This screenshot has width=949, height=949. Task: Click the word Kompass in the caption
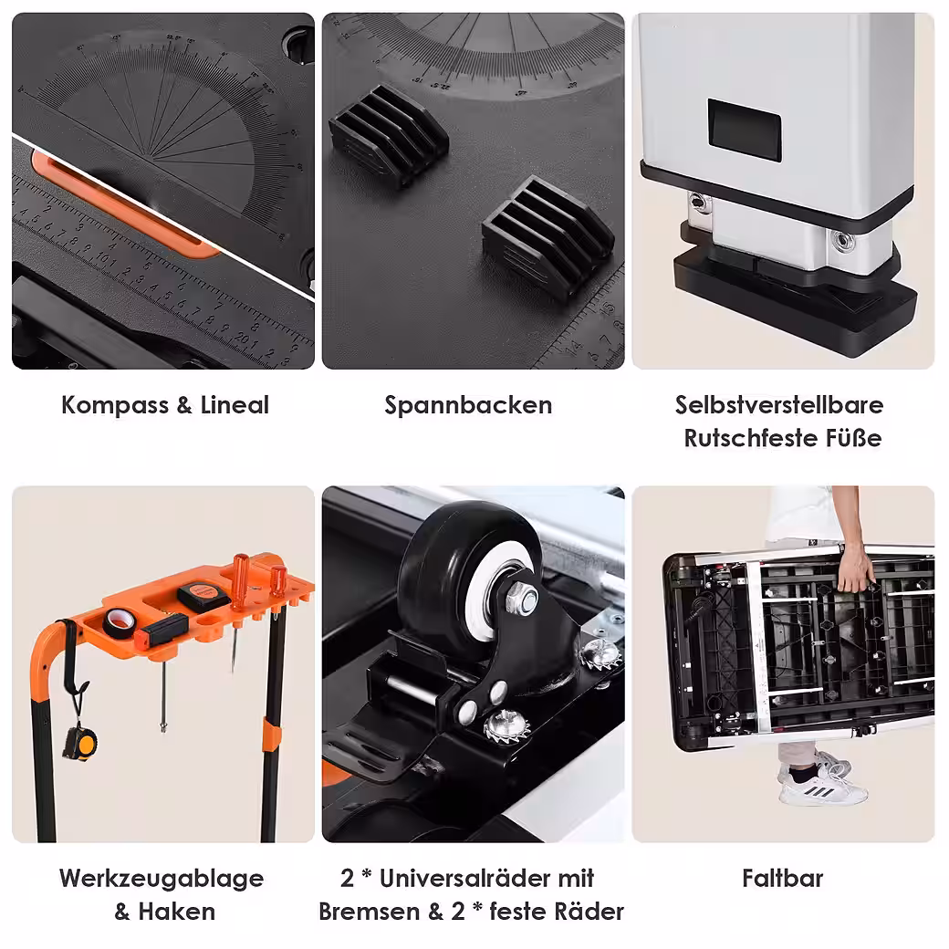[115, 405]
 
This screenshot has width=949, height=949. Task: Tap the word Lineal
[235, 405]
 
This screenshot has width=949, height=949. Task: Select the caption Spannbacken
[468, 405]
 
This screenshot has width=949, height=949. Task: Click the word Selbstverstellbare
[779, 405]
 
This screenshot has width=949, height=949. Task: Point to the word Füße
[854, 438]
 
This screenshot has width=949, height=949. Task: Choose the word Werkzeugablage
[162, 879]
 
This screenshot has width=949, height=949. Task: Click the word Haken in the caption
[177, 912]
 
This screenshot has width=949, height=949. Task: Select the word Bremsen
[370, 912]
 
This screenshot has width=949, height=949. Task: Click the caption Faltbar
[783, 878]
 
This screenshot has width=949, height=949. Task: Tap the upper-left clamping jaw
[389, 134]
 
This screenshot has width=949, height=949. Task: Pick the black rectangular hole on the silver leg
[745, 130]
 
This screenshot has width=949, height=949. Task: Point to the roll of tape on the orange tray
[120, 622]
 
